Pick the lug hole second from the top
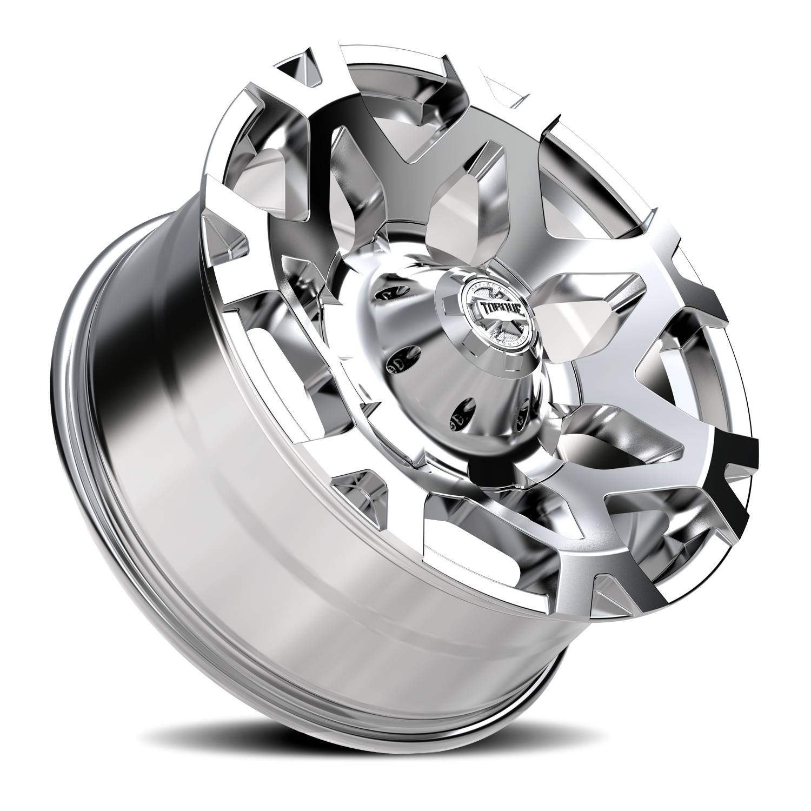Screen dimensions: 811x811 (399, 361)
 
